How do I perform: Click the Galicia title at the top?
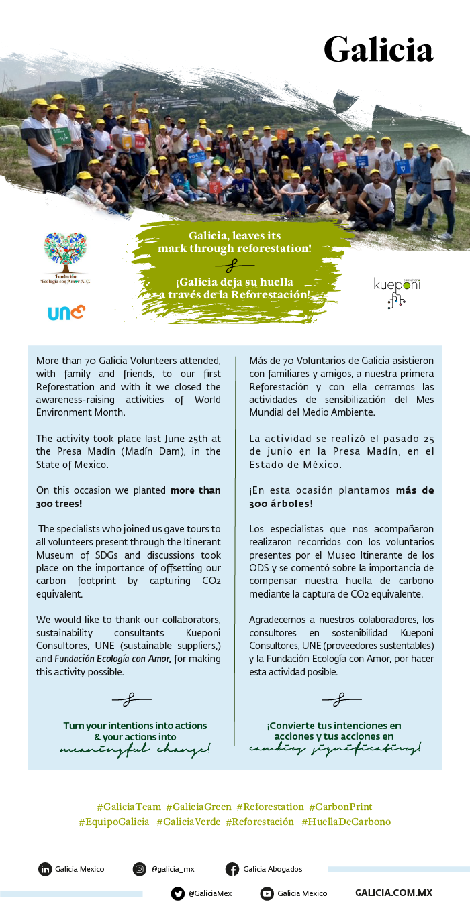(x=378, y=49)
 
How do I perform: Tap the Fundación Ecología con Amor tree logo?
(x=65, y=253)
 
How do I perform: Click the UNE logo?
(x=66, y=313)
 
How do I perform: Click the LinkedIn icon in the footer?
(x=45, y=869)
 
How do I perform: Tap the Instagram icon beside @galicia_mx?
(x=140, y=869)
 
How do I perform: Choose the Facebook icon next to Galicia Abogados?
(x=232, y=869)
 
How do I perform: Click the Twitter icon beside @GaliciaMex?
(x=178, y=893)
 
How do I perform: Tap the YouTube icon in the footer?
(x=267, y=893)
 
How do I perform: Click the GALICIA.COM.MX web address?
(x=393, y=893)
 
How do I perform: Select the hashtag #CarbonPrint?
(x=340, y=807)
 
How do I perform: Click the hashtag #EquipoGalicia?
(x=114, y=822)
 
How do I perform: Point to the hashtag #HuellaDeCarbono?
(x=346, y=822)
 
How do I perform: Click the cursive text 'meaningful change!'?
(x=135, y=749)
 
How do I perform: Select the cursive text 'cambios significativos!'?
(x=335, y=748)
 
